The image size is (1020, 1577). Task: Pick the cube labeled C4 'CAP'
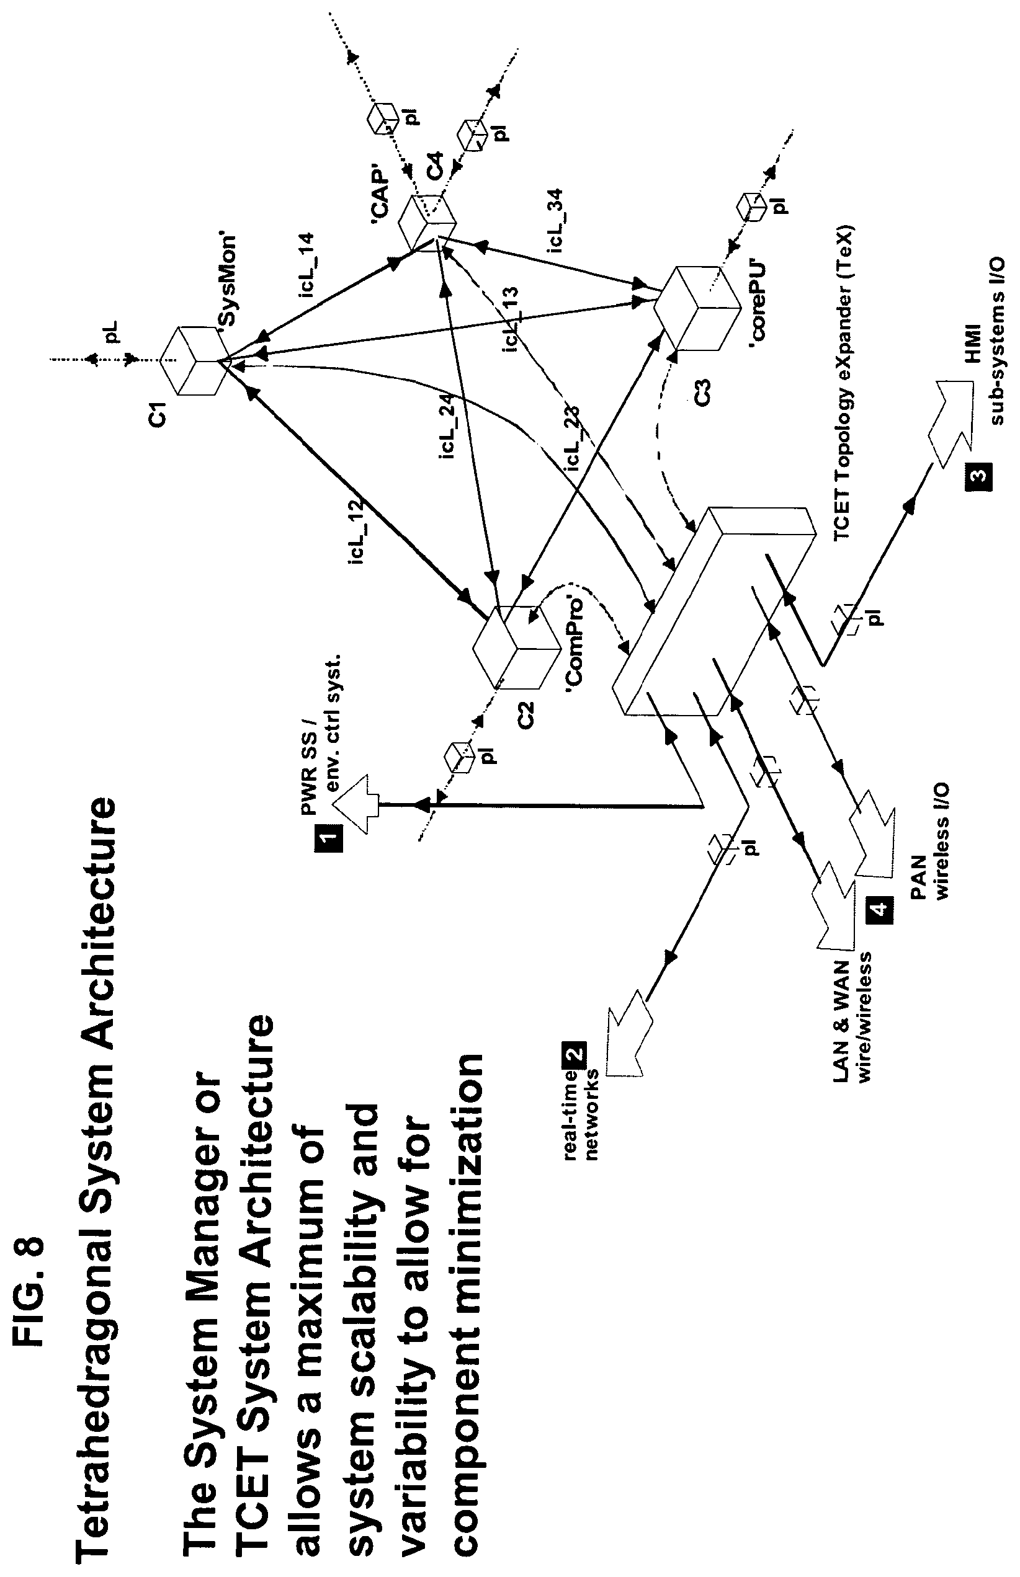click(428, 223)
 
